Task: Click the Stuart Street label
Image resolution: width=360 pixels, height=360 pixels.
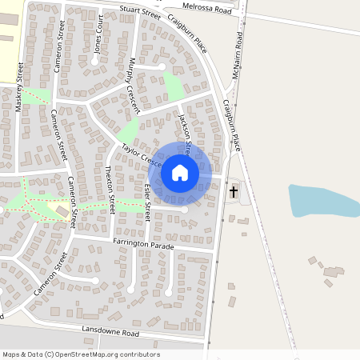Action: click(140, 10)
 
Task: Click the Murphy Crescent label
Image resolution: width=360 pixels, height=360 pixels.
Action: click(134, 85)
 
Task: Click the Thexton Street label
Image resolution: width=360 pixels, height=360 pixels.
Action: click(111, 190)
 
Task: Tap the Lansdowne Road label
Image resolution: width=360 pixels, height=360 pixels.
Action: click(110, 331)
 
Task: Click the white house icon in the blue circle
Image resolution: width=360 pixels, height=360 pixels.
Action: click(180, 173)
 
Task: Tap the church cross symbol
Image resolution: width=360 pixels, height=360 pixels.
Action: click(234, 192)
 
